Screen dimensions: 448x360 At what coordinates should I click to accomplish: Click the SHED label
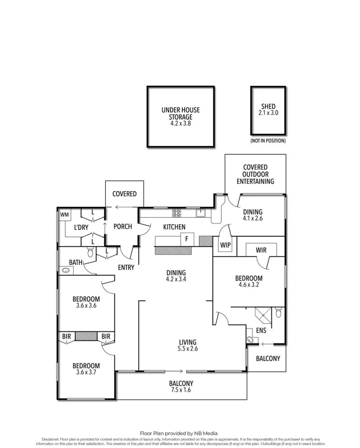click(268, 107)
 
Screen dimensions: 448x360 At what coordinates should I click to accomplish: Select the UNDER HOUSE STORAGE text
click(181, 114)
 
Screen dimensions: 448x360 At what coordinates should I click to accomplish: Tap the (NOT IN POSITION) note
click(268, 141)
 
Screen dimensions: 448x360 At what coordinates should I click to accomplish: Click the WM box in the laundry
click(64, 215)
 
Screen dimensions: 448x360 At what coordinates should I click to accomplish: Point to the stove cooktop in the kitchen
click(176, 213)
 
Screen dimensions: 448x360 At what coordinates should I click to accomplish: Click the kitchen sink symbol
click(201, 213)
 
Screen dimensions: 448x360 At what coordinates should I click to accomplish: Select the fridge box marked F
click(187, 239)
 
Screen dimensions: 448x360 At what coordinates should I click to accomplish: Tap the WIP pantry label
click(225, 245)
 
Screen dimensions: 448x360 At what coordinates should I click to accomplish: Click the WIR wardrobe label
click(261, 250)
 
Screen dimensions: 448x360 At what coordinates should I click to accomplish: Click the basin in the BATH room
click(66, 271)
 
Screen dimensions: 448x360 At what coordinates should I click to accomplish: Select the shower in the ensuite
click(262, 314)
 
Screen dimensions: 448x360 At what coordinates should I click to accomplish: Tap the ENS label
click(261, 331)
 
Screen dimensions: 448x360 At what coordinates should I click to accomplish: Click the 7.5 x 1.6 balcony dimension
click(181, 390)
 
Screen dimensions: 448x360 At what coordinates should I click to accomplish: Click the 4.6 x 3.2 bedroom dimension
click(249, 285)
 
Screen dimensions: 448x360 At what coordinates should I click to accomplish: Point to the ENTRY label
click(126, 268)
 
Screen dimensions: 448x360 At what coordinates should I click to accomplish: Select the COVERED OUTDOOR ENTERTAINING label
click(255, 174)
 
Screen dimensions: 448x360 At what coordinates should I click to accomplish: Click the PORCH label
click(122, 226)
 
